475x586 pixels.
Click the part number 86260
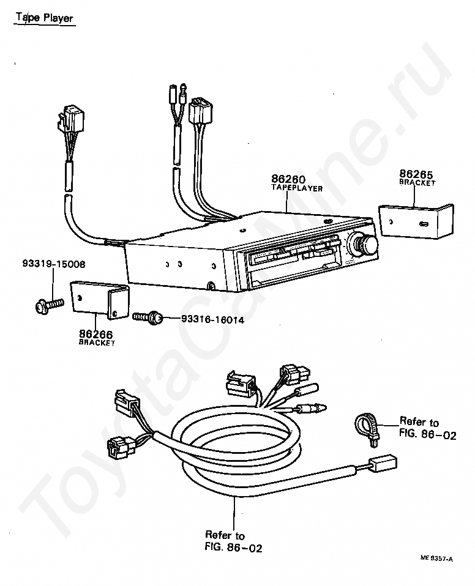click(x=288, y=179)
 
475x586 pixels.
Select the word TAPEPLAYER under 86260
click(x=297, y=188)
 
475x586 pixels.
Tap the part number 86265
click(x=416, y=173)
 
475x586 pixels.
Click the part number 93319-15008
click(x=54, y=265)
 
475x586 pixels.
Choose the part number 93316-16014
click(x=212, y=319)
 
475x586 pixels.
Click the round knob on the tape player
click(x=367, y=245)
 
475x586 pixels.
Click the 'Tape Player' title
click(x=45, y=18)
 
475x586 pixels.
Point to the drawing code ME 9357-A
click(x=436, y=558)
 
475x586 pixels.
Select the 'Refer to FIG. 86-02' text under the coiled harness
click(x=233, y=542)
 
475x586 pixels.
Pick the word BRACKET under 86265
click(x=417, y=182)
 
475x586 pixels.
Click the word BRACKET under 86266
click(x=97, y=343)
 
